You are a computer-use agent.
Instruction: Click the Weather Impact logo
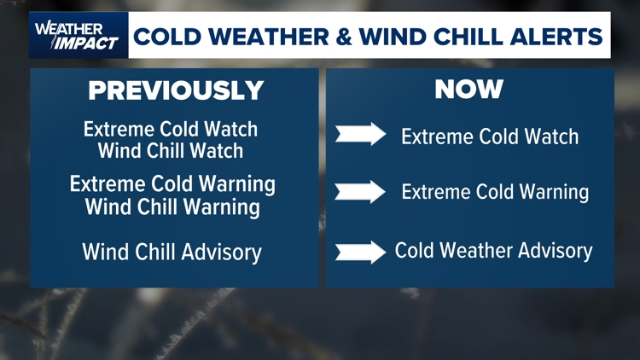coord(78,35)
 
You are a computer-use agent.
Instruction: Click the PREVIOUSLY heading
coord(176,90)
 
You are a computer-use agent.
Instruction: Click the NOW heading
coord(469,89)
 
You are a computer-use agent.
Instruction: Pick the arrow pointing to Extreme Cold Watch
coord(360,135)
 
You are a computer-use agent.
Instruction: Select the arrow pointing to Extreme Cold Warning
coord(360,191)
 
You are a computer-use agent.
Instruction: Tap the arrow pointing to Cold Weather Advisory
coord(360,252)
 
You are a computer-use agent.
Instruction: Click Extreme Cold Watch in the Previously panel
coord(171,130)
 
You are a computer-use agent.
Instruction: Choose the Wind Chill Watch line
coord(171,151)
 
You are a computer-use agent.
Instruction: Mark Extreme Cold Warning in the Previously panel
coord(172,184)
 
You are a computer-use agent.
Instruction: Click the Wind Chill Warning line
coord(172,206)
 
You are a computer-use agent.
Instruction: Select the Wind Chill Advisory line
coord(172,253)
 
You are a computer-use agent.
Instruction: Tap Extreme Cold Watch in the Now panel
coord(490,136)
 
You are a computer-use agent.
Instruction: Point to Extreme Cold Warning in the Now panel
coord(495,192)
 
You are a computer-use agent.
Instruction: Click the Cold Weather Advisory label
coord(493,252)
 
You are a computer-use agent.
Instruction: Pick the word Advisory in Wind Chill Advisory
coord(223,253)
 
